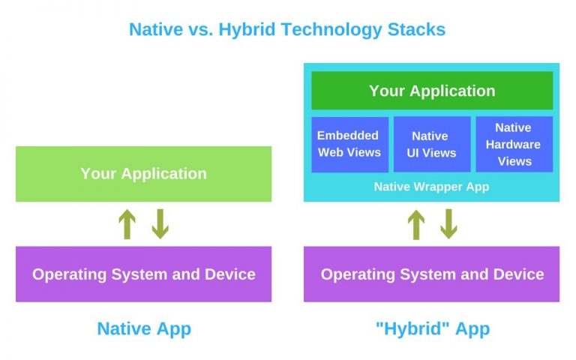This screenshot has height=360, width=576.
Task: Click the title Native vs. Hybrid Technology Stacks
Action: (x=287, y=29)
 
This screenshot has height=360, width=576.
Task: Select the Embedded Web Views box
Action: (x=349, y=144)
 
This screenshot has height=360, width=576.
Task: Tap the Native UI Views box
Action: (x=432, y=144)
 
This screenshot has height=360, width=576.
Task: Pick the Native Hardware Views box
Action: (x=514, y=144)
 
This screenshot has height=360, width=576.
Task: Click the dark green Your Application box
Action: (x=432, y=91)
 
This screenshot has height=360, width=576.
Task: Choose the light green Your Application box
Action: (x=143, y=173)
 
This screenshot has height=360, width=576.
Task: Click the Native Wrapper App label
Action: (x=431, y=187)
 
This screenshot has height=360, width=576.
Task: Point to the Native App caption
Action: (x=144, y=328)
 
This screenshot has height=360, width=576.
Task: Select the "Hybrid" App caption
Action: (x=431, y=328)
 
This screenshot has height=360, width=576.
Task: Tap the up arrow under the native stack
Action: (x=127, y=224)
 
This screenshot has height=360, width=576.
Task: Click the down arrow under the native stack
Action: (x=160, y=224)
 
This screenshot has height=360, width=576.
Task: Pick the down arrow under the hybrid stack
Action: (x=448, y=224)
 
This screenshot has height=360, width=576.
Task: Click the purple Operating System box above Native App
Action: (x=143, y=274)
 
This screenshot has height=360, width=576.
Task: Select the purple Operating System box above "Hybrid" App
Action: (x=431, y=274)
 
